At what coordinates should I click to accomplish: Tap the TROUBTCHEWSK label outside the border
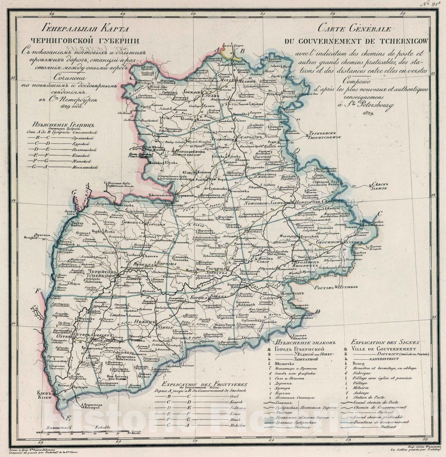325,137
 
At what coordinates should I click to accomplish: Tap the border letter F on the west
37,292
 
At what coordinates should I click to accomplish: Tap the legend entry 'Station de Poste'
369,397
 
